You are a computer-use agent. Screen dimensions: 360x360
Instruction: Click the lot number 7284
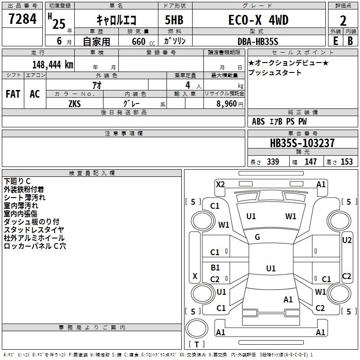pyautogui.click(x=22, y=19)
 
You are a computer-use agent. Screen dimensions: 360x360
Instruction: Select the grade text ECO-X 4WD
pyautogui.click(x=258, y=20)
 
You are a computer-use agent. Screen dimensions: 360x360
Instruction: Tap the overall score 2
pyautogui.click(x=343, y=21)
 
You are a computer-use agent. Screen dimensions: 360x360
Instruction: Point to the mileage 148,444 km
pyautogui.click(x=53, y=65)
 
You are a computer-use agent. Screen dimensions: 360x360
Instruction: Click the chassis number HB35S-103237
pyautogui.click(x=302, y=143)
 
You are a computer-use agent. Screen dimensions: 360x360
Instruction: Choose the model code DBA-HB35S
pyautogui.click(x=258, y=41)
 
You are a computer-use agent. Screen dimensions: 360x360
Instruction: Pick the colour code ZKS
pyautogui.click(x=75, y=104)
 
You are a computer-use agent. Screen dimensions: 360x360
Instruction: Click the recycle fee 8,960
pyautogui.click(x=226, y=104)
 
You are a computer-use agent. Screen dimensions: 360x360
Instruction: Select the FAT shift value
pyautogui.click(x=13, y=94)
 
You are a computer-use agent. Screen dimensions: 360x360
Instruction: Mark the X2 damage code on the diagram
pyautogui.click(x=220, y=184)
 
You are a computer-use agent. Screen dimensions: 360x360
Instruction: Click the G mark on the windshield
pyautogui.click(x=257, y=237)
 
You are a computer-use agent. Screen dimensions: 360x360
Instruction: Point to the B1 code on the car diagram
pyautogui.click(x=215, y=267)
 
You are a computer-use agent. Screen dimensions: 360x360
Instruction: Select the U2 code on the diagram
pyautogui.click(x=346, y=240)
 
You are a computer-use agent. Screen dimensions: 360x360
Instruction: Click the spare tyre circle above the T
pyautogui.click(x=197, y=328)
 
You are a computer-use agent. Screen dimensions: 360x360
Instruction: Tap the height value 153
pyautogui.click(x=346, y=162)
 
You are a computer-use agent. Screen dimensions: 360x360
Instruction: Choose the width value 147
pyautogui.click(x=310, y=162)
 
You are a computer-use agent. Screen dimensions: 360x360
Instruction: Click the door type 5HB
pyautogui.click(x=174, y=20)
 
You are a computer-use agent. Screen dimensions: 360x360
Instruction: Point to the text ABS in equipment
pyautogui.click(x=258, y=121)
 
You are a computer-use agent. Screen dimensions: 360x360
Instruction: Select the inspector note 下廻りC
pyautogui.click(x=17, y=181)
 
